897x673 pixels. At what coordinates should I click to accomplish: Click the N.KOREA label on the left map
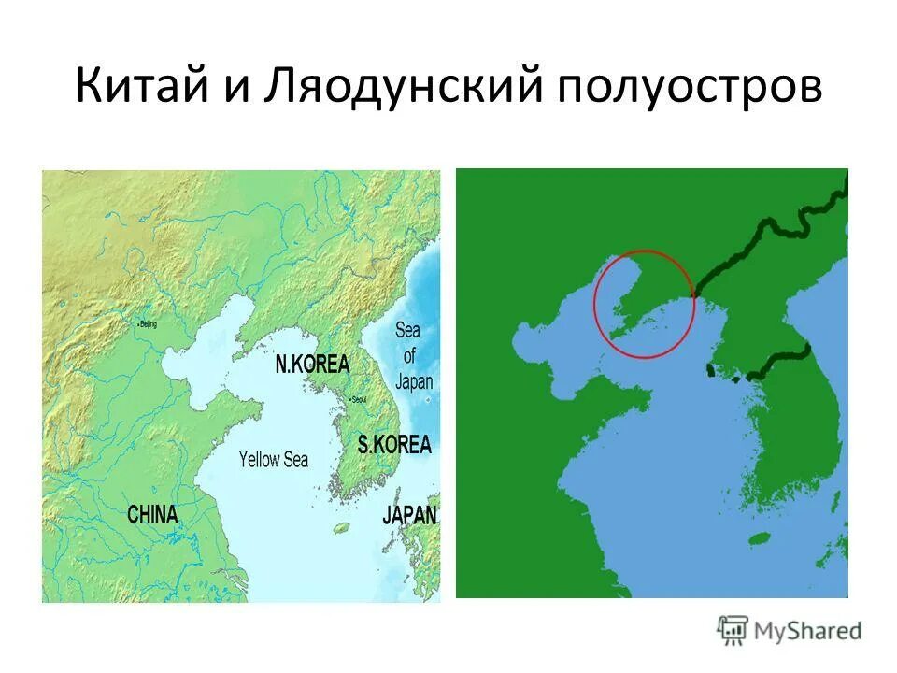312,365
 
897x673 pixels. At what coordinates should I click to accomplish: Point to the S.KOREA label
395,444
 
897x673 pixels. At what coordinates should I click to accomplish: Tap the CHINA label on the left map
152,514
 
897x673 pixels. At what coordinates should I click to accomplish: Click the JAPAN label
409,515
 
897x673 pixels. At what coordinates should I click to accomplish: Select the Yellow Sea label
273,459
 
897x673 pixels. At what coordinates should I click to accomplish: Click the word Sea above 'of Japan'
407,330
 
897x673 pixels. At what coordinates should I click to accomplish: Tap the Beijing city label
148,324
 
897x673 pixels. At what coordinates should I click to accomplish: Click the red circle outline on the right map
646,251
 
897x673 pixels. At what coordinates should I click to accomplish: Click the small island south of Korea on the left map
341,528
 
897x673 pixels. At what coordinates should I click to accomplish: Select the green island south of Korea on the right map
760,539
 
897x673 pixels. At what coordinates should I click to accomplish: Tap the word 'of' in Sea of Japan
409,355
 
